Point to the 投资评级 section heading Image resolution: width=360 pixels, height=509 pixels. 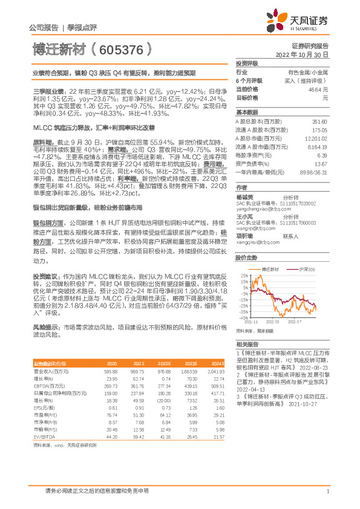coord(247,63)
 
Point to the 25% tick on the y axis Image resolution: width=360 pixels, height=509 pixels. coord(243,276)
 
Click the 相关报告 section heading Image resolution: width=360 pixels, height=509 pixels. coord(247,343)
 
